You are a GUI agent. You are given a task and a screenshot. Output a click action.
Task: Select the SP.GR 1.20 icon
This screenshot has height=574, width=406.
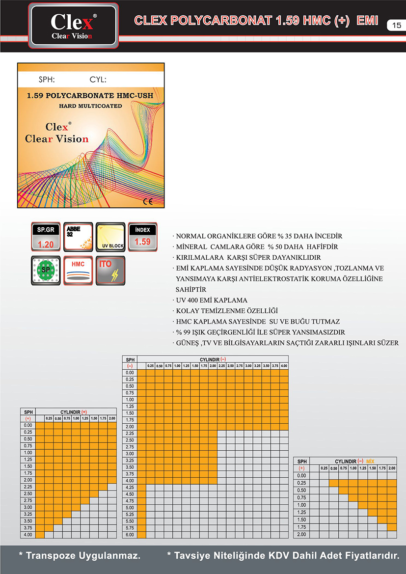click(46, 237)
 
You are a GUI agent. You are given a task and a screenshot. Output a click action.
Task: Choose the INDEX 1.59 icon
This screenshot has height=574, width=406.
click(142, 237)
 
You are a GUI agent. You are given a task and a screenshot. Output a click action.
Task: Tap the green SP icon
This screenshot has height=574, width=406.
click(46, 270)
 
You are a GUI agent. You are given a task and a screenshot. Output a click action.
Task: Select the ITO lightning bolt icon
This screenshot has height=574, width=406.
click(110, 270)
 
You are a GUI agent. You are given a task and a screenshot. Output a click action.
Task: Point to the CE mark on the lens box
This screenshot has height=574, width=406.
click(148, 201)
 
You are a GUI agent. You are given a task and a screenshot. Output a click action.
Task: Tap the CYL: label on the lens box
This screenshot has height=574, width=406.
click(98, 80)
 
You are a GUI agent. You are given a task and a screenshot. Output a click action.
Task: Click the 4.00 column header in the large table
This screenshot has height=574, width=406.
click(284, 366)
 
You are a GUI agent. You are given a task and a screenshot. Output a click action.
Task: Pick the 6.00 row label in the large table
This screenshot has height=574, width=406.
click(130, 534)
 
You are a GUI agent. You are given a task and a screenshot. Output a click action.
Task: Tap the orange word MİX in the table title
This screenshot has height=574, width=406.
click(371, 462)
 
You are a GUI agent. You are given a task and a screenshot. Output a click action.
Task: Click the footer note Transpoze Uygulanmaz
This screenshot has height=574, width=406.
click(80, 556)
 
